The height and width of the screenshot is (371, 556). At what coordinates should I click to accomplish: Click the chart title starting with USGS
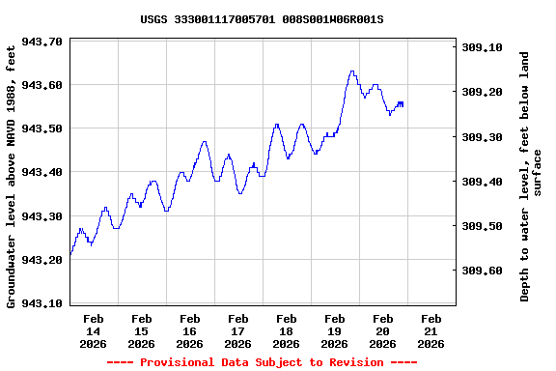(x=262, y=19)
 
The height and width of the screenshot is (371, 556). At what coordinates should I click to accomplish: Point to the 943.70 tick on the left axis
(x=42, y=42)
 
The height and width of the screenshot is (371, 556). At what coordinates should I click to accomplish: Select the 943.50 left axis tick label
(x=42, y=128)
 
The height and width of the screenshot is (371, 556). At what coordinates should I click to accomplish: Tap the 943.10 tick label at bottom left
(x=42, y=303)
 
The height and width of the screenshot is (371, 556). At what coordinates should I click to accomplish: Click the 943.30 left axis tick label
(x=42, y=215)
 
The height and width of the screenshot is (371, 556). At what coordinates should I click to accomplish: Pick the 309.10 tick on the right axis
(x=482, y=47)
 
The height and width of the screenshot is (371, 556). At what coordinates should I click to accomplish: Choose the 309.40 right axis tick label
(x=482, y=182)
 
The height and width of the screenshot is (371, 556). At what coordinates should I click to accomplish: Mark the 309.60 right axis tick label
(x=482, y=271)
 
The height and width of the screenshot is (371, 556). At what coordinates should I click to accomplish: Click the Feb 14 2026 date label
(x=94, y=330)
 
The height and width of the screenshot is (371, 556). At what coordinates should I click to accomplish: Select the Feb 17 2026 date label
(x=238, y=330)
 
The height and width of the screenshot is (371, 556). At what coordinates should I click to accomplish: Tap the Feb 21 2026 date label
(x=431, y=330)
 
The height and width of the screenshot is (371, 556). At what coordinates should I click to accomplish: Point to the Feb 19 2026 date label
(x=335, y=330)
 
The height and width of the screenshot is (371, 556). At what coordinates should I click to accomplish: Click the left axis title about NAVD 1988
(x=12, y=174)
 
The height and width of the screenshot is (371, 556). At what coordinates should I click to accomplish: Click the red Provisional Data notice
(x=262, y=362)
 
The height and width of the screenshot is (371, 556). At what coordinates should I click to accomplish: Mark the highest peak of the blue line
(x=351, y=71)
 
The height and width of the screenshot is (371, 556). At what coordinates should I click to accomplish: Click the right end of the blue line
(x=403, y=103)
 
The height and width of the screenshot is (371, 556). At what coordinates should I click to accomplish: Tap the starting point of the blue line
(x=70, y=254)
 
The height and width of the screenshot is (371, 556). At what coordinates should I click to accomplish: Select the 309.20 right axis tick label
(x=482, y=92)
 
